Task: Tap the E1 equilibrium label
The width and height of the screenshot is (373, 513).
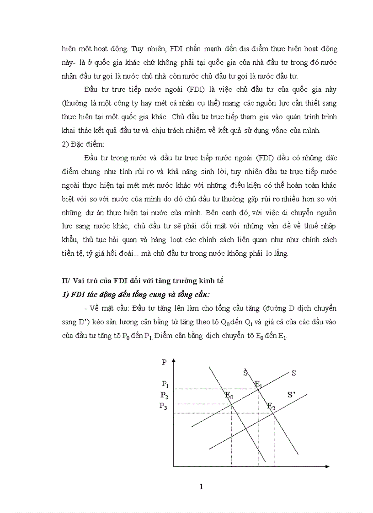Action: (259, 384)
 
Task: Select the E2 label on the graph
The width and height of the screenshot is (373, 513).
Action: (271, 406)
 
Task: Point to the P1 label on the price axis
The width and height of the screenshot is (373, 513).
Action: (165, 384)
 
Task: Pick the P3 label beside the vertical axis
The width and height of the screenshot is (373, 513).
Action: (163, 406)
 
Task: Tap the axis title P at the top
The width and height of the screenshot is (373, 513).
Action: (164, 362)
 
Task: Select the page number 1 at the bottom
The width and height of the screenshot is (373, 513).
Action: (201, 487)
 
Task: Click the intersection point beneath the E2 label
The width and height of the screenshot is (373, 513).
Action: (273, 413)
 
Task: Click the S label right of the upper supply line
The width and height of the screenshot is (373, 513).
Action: (293, 373)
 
